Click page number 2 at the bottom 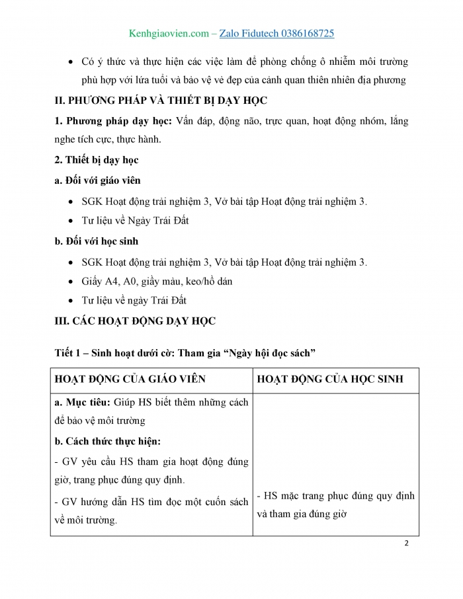tap(406, 543)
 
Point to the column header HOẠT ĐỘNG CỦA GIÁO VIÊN tap(130, 379)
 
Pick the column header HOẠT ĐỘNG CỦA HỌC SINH tap(329, 379)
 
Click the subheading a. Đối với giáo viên tap(97, 180)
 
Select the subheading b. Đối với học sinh tap(97, 241)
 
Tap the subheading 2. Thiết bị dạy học tap(97, 160)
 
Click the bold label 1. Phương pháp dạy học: tap(113, 121)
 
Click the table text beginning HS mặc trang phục tap(335, 495)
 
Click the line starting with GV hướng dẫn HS tap(151, 502)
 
